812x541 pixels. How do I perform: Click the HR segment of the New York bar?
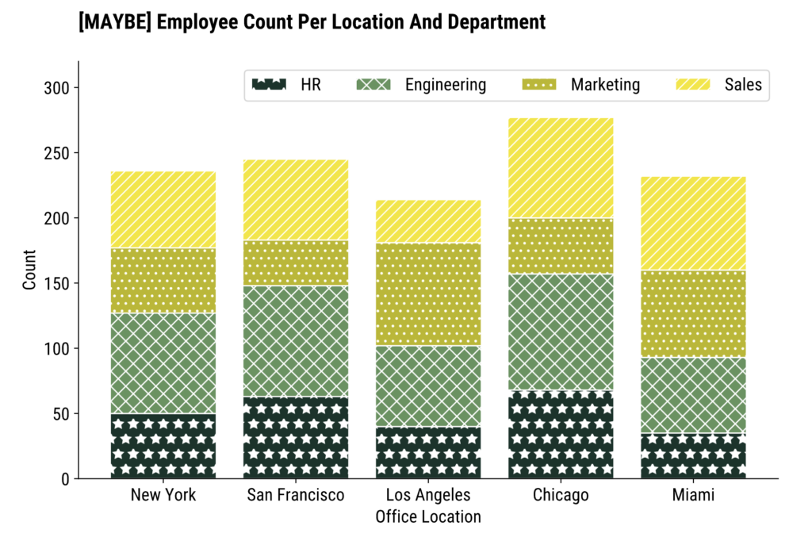coord(163,446)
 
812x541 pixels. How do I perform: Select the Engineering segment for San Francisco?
coord(296,341)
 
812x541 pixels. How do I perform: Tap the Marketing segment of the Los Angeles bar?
coord(428,294)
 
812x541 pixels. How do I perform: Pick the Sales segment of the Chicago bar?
coord(561,168)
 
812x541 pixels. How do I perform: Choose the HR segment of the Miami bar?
coord(693,455)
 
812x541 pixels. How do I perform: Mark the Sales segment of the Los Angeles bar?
coord(428,221)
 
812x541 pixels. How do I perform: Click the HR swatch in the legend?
coord(268,85)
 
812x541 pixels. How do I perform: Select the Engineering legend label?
coord(445,85)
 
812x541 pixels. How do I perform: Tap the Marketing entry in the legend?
coord(605,85)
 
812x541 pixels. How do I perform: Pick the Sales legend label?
coord(742,85)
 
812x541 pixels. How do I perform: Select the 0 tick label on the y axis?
coord(66,479)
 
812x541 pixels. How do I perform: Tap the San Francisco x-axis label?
coord(296,496)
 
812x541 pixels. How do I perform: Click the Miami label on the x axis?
coord(693,496)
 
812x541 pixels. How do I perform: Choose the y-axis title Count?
coord(29,270)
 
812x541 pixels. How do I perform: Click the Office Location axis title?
coord(428,517)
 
